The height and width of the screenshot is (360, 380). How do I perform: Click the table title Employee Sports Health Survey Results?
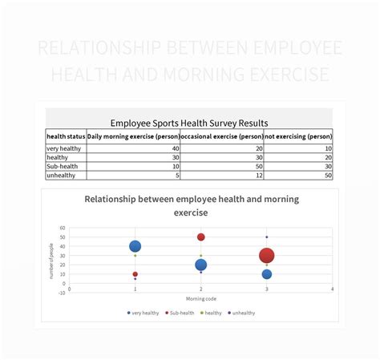click(x=189, y=123)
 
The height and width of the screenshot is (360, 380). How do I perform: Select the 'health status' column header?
click(x=66, y=136)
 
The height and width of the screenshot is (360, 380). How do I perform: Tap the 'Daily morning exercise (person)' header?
click(x=132, y=136)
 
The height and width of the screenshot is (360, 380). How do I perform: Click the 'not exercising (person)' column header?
click(x=297, y=136)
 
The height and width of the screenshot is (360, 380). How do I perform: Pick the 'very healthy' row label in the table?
click(x=63, y=148)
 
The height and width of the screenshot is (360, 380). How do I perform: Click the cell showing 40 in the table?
click(x=175, y=148)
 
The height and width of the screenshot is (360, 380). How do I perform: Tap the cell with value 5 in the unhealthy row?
click(x=176, y=175)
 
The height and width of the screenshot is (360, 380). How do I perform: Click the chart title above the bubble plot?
click(x=190, y=206)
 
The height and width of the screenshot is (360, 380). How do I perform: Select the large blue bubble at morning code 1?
click(x=135, y=246)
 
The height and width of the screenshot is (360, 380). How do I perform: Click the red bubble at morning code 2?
click(x=200, y=237)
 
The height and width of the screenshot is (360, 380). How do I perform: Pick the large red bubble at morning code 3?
click(x=267, y=256)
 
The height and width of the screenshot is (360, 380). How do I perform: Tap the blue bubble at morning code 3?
click(x=267, y=274)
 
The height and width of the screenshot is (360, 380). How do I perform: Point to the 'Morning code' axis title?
click(x=200, y=299)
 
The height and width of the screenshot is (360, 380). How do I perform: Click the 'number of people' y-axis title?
click(x=53, y=261)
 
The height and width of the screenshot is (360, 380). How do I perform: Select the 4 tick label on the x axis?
click(x=332, y=289)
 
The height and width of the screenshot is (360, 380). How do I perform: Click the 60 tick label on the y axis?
click(x=63, y=228)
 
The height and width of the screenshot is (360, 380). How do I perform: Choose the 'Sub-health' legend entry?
click(x=180, y=313)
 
